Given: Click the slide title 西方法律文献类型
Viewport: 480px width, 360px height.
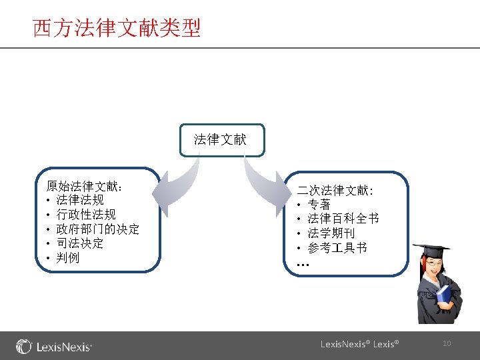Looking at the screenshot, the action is pos(117,29).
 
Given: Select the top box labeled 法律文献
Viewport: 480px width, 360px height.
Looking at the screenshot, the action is pos(220,139).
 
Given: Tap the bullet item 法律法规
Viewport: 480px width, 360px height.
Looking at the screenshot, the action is pos(80,200).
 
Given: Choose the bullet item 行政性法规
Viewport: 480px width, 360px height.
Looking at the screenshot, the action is pos(86,214).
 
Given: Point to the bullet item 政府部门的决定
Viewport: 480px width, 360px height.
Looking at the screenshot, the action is pos(97,229).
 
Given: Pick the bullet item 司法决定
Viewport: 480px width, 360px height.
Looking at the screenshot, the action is pos(80,243).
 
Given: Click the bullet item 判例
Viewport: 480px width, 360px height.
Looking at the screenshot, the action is pos(68,257).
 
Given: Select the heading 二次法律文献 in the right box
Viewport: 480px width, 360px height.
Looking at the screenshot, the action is pos(335,191).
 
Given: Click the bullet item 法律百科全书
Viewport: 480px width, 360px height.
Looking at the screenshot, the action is pos(343,219).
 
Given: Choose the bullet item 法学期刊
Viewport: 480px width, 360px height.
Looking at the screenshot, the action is pos(331,233).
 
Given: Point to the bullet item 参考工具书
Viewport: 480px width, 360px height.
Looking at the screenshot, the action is pos(337,248).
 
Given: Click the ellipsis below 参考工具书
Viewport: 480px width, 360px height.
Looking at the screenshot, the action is pos(303,264).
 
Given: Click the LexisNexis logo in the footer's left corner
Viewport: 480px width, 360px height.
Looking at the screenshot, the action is pos(54,347).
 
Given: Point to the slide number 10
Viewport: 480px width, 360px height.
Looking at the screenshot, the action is pos(447,343).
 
